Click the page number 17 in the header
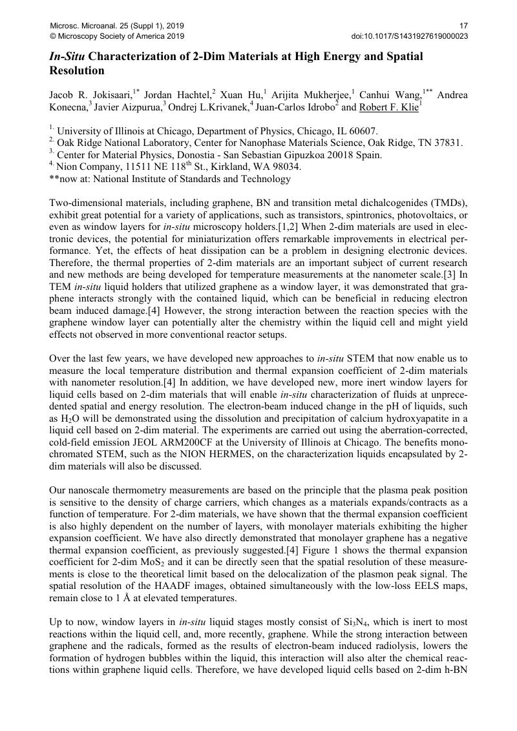(463, 25)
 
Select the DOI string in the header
(409, 36)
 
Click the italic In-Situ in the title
(67, 57)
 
